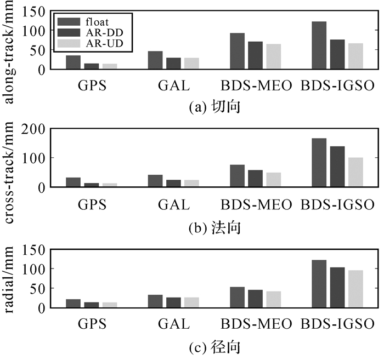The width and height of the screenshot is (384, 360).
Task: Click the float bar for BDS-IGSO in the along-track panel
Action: click(319, 45)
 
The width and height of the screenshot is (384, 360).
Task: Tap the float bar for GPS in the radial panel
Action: click(73, 304)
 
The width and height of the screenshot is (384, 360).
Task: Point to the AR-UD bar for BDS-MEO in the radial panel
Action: click(273, 300)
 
